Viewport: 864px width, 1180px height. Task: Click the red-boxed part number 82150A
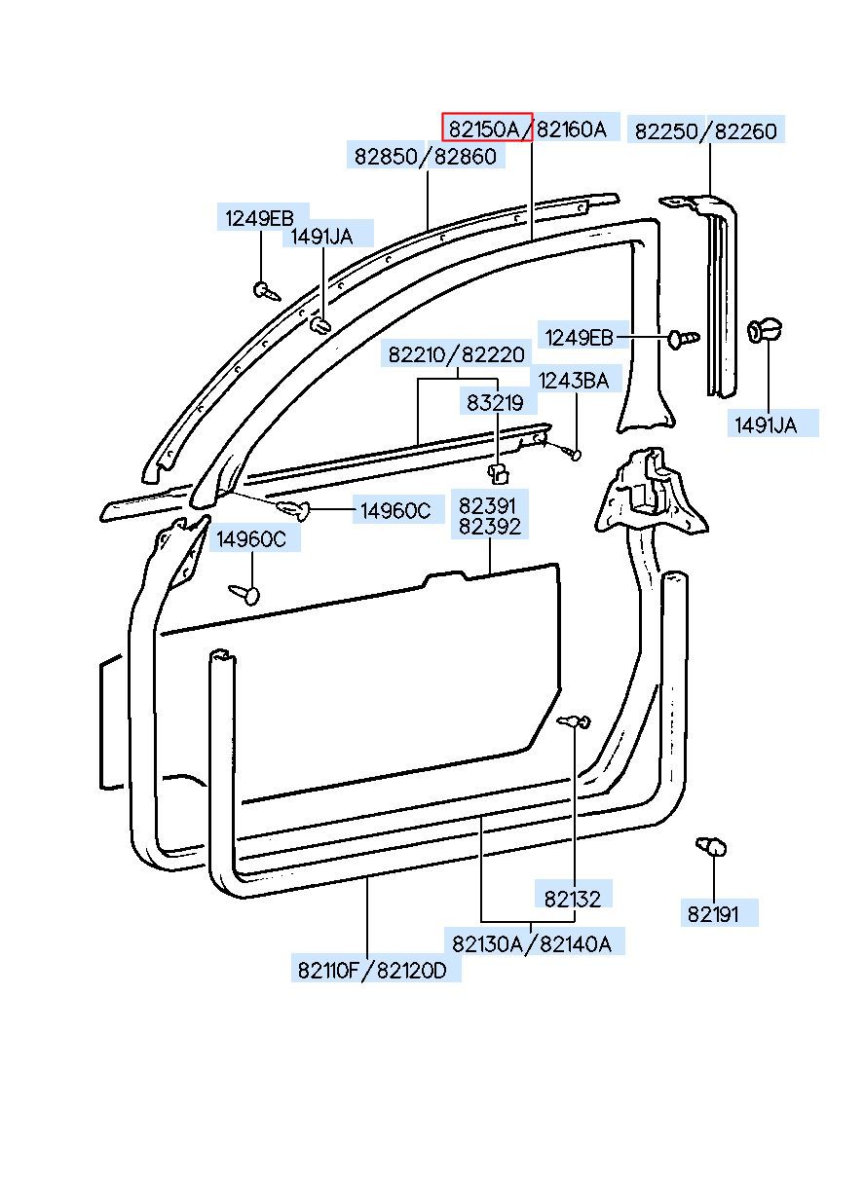tap(485, 129)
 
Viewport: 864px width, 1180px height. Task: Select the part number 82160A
tap(572, 129)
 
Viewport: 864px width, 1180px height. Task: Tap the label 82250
tap(666, 131)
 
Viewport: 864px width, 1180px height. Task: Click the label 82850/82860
tap(425, 157)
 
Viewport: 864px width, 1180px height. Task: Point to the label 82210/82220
tap(457, 354)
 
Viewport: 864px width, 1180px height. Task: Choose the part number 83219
tap(495, 403)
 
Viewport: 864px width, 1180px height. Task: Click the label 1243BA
tap(574, 381)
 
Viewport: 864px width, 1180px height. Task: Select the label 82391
tap(487, 505)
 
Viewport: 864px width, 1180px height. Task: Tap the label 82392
tap(490, 527)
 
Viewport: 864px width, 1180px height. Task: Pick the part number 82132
tap(573, 900)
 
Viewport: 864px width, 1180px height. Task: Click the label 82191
tap(713, 914)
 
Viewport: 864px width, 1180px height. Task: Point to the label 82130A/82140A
tap(532, 944)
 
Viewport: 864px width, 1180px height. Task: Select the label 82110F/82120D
tap(372, 970)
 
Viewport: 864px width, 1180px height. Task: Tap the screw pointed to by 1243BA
tap(569, 452)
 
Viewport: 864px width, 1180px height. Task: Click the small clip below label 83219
tap(498, 473)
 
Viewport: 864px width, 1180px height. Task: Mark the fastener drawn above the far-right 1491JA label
tap(765, 330)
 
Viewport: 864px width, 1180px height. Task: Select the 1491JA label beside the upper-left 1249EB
tap(321, 237)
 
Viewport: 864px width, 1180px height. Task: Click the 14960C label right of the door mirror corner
tap(395, 510)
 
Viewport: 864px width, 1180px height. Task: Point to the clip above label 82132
tap(575, 721)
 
